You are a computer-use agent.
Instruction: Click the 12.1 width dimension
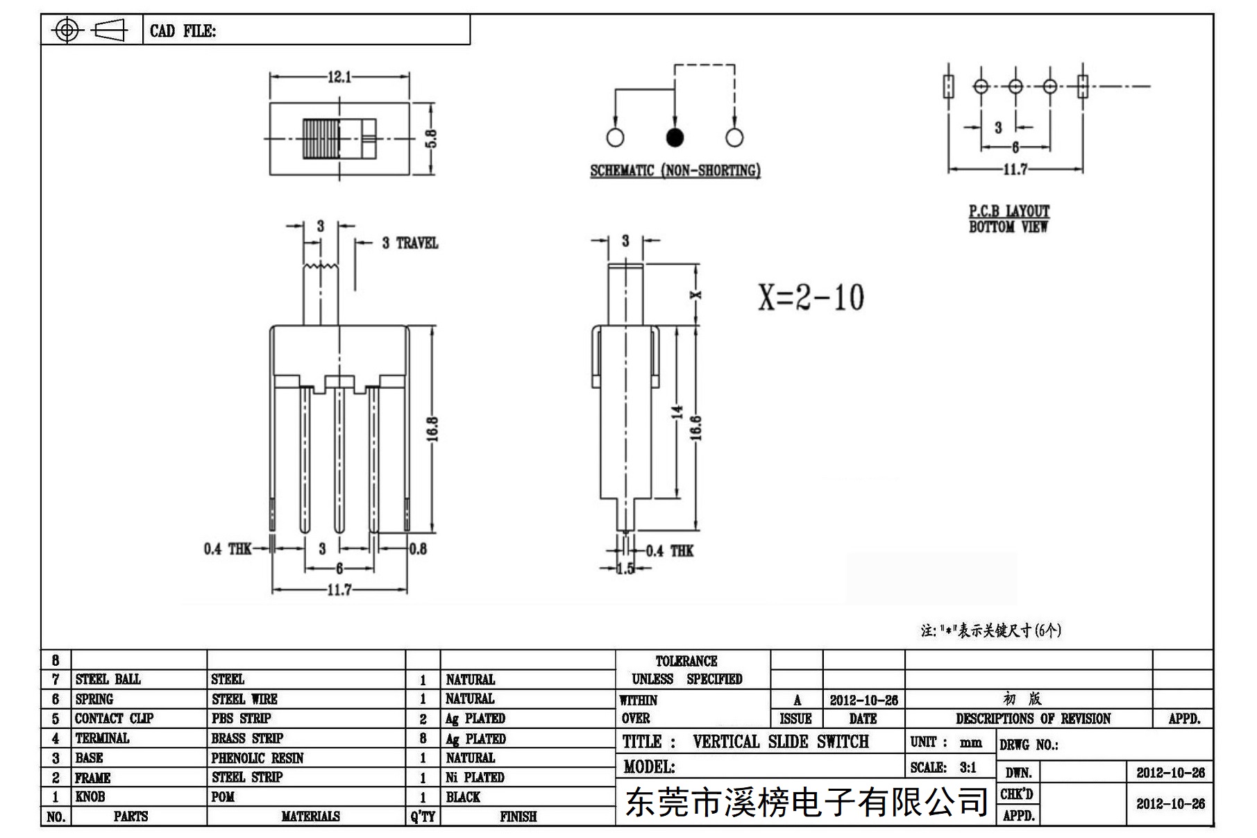click(x=339, y=77)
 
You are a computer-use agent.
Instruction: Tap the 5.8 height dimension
click(x=431, y=139)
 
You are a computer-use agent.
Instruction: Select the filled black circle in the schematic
click(x=675, y=137)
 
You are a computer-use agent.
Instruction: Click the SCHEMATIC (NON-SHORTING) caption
click(x=675, y=170)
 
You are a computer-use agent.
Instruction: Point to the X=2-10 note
click(x=811, y=297)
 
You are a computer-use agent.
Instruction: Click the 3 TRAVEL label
click(x=410, y=243)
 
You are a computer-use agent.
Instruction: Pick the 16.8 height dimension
click(x=432, y=429)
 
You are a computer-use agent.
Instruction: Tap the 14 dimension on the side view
click(x=677, y=412)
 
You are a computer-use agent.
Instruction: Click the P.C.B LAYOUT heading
click(x=1009, y=211)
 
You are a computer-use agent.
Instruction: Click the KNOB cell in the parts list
click(x=90, y=796)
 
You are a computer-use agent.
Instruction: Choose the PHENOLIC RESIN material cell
click(x=258, y=757)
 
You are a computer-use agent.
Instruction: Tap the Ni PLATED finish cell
click(x=475, y=777)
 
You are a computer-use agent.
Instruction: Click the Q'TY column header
click(x=423, y=816)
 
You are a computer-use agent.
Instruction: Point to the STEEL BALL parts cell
click(x=108, y=679)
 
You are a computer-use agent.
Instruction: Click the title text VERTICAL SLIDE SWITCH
click(x=781, y=741)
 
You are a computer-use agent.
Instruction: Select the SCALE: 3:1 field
click(x=943, y=767)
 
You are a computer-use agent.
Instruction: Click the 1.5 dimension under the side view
click(x=625, y=569)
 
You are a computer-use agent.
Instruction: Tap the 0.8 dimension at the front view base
click(x=418, y=549)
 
